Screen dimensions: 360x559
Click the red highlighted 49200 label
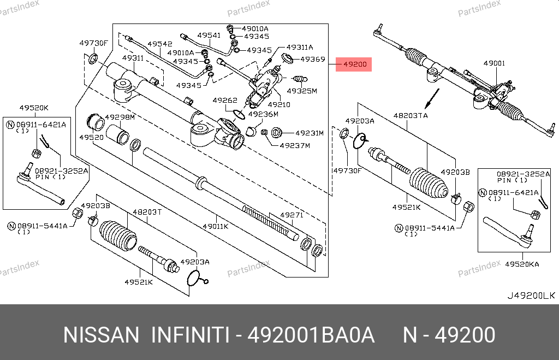point(354,65)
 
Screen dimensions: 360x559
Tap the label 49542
point(160,44)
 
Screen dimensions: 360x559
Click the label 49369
point(313,59)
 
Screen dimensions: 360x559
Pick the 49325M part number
point(302,91)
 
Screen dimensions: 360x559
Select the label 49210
point(279,104)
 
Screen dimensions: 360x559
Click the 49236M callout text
point(263,114)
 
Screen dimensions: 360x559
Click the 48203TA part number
point(411,115)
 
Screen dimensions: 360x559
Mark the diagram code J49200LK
point(531,296)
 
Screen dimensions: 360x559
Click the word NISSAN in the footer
point(102,335)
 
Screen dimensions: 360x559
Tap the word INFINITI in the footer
point(189,335)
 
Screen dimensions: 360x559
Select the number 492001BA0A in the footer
point(311,335)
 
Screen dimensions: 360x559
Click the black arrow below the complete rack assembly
point(432,98)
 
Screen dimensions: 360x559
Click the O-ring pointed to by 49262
point(238,114)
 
